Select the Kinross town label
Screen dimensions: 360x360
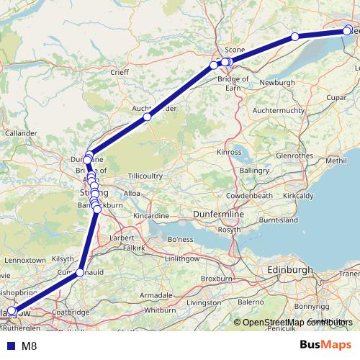tap(229, 153)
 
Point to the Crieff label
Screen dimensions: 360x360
tap(120, 73)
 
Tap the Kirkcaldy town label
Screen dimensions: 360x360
tap(315, 195)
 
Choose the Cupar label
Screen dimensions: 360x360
tap(336, 96)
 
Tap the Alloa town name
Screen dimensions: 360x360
tap(133, 194)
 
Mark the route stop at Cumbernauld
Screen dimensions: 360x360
tap(80, 273)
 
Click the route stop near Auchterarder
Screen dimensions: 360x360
tap(147, 117)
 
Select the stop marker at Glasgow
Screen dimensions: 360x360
tap(11, 311)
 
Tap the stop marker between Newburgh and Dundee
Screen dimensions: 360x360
tap(294, 37)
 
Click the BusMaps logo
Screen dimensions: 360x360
tap(325, 345)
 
